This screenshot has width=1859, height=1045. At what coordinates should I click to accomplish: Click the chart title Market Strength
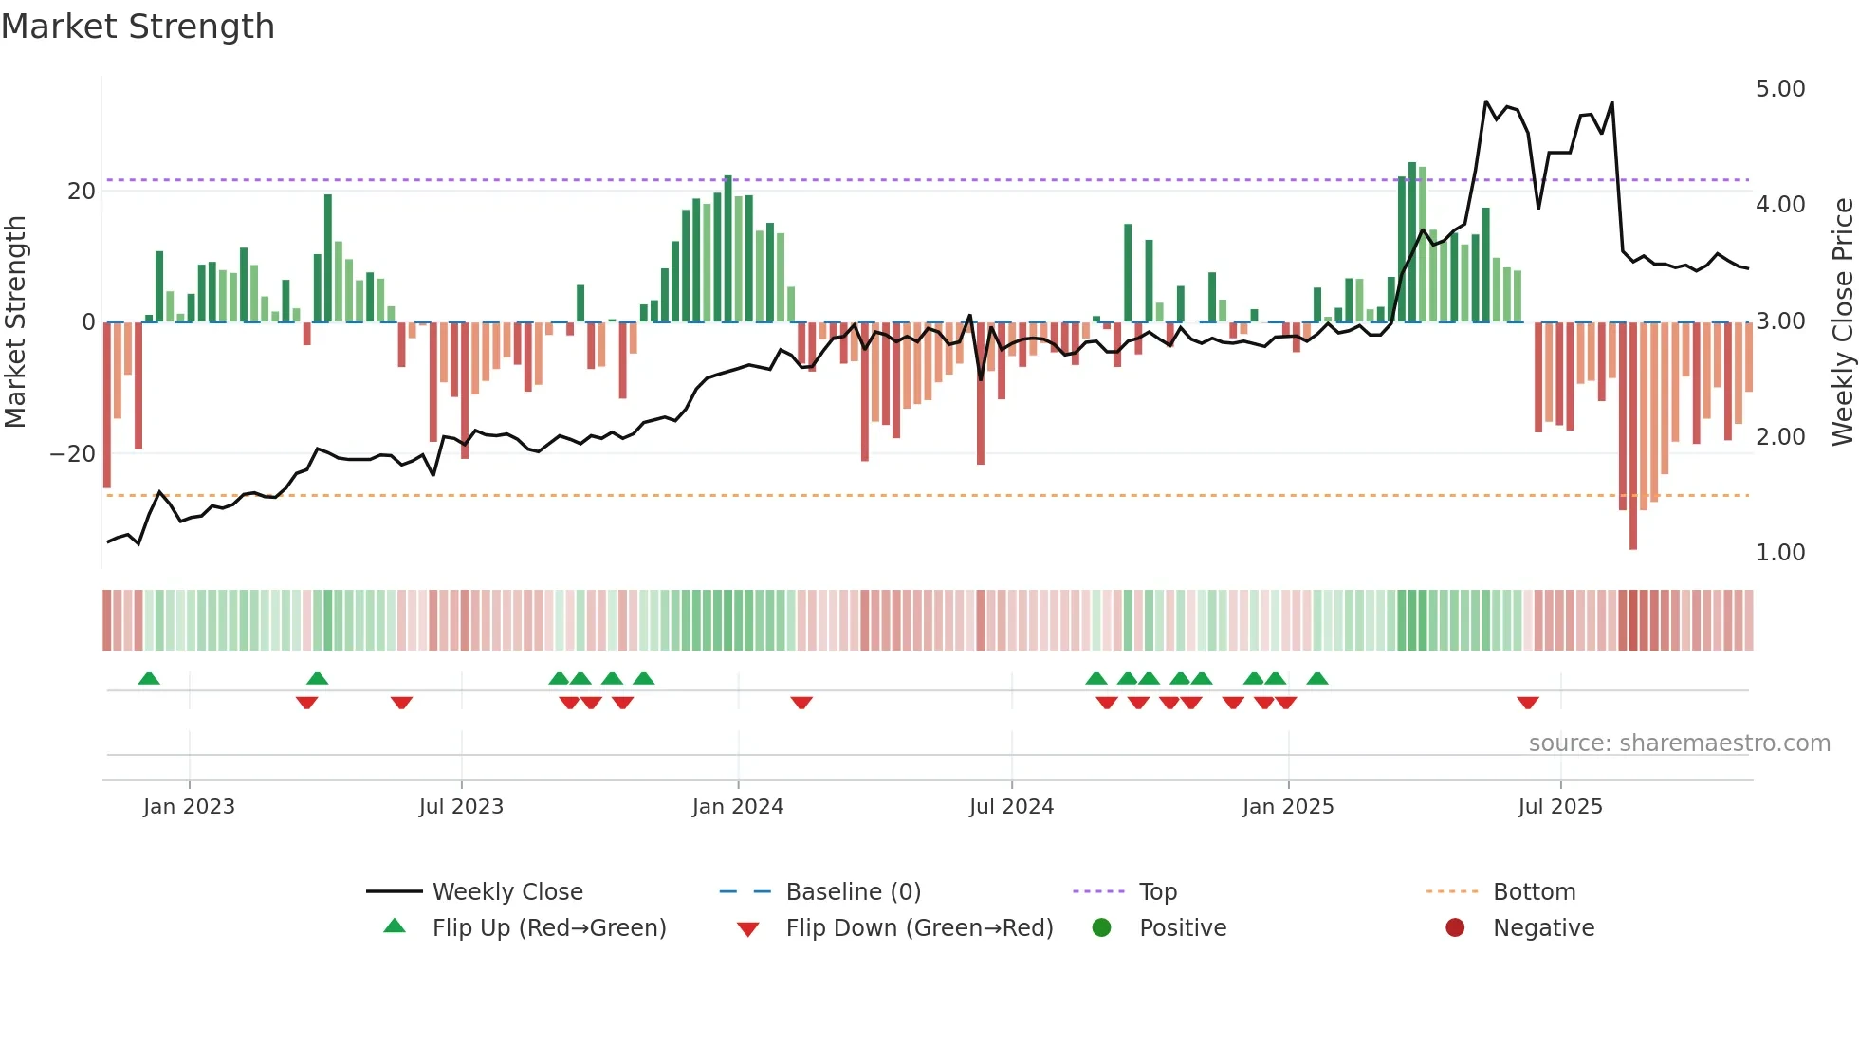(138, 26)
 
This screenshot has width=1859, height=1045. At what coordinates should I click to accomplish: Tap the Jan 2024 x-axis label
(737, 806)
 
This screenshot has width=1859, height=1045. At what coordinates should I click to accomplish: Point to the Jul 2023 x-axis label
(461, 806)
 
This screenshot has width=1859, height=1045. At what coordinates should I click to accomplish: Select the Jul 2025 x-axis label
(1559, 806)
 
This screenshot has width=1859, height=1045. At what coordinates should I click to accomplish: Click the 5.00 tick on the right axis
(1780, 88)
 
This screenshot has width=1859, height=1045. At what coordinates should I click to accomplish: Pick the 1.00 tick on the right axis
(1780, 552)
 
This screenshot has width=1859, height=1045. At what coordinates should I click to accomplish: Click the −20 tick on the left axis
(72, 453)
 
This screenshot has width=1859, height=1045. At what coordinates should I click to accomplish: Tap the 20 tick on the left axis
(82, 191)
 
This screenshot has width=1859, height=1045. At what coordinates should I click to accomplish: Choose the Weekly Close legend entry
(506, 891)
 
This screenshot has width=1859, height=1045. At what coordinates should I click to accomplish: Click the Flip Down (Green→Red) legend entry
(918, 927)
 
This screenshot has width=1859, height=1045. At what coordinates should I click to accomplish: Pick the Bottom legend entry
(1534, 891)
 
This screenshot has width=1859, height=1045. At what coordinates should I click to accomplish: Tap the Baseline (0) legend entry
(853, 891)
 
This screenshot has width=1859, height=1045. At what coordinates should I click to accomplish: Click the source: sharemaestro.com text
(1679, 742)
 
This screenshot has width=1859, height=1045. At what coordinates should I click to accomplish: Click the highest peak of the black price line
(1486, 101)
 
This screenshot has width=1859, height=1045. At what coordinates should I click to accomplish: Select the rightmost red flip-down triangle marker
(1527, 703)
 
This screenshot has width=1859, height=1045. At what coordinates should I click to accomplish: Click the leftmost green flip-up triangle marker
(149, 678)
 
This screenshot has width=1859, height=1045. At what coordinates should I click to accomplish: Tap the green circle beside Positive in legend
(1101, 927)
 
